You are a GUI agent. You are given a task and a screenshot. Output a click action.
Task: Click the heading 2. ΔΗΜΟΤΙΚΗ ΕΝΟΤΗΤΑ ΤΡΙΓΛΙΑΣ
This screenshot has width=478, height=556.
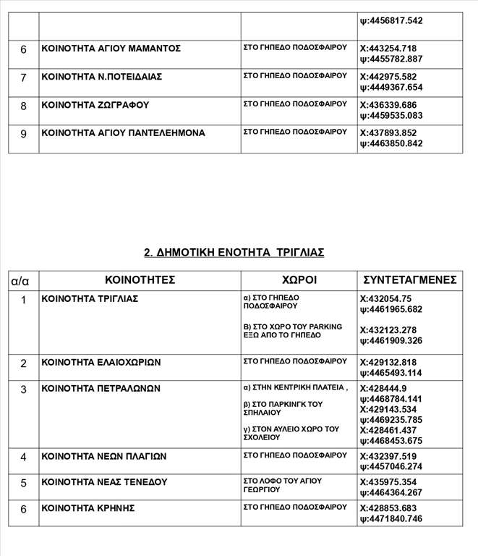234,252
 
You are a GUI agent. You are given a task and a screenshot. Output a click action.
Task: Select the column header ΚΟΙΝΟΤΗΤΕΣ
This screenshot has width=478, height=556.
140,279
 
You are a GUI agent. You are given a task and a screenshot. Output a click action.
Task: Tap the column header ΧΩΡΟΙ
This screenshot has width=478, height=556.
299,279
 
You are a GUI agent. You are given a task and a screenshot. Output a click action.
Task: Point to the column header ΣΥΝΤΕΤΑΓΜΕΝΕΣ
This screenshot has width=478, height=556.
409,279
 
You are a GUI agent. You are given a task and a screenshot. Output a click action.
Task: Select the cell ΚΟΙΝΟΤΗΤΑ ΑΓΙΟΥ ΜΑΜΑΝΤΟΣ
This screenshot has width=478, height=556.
111,49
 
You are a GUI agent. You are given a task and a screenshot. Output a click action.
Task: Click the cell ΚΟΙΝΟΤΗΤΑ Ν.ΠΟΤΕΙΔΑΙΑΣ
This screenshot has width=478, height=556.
102,76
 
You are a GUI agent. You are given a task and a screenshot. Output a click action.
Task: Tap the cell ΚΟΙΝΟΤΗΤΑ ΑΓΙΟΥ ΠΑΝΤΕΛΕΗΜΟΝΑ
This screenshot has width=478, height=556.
123,132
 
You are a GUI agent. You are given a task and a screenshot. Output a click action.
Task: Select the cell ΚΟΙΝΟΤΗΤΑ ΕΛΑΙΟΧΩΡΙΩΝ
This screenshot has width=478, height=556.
101,362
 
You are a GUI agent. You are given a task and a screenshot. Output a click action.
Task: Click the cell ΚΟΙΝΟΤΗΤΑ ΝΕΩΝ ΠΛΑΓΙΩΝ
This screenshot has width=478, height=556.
104,456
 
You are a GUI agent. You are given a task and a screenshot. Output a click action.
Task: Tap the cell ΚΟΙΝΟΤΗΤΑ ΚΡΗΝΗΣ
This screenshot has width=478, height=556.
88,508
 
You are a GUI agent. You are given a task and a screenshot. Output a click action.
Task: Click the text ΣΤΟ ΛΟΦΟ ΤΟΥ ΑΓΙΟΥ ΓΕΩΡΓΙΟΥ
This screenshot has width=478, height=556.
283,485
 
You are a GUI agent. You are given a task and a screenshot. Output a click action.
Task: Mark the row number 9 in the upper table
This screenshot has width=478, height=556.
23,133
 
